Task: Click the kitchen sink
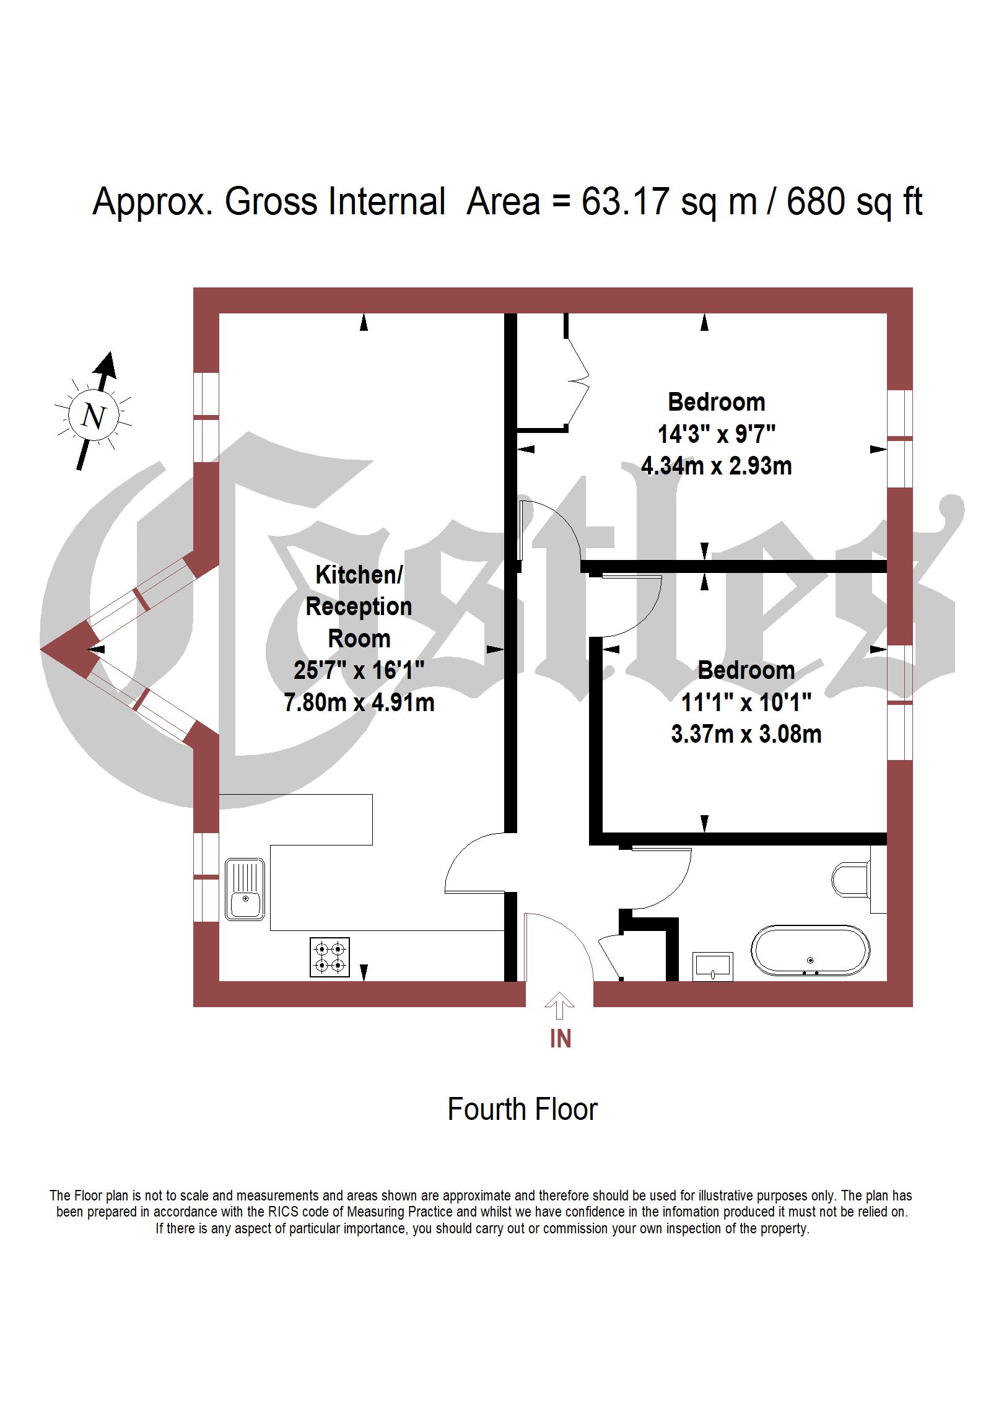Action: click(245, 888)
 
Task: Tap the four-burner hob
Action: click(330, 957)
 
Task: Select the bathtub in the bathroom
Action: click(810, 952)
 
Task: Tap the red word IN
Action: click(560, 1039)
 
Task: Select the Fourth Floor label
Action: click(522, 1109)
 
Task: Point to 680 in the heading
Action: click(815, 202)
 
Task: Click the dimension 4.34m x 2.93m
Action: click(717, 466)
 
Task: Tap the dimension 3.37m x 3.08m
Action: click(746, 735)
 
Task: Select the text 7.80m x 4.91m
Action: click(359, 703)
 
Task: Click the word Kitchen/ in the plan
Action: click(359, 575)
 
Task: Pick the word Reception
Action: click(359, 607)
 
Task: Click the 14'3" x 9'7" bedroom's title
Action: click(717, 403)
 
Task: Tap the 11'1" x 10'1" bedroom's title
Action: click(746, 671)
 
